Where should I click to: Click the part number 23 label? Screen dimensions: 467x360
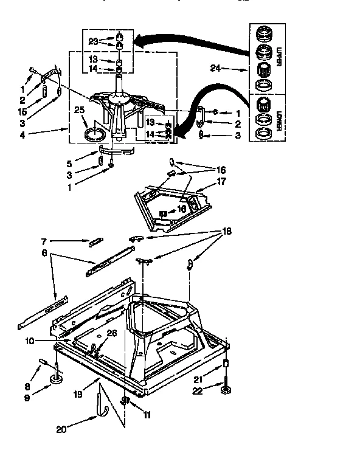93,43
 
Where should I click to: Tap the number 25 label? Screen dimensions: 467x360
79,110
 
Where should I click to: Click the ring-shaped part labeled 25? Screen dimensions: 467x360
92,133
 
